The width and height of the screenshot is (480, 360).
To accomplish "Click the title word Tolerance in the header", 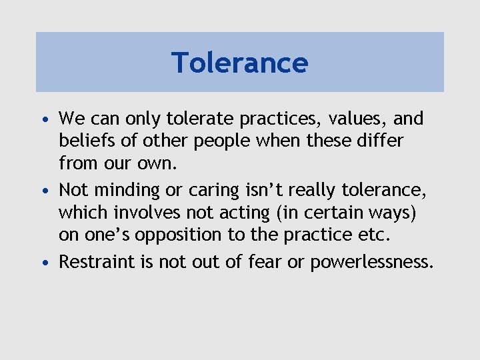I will (x=240, y=63).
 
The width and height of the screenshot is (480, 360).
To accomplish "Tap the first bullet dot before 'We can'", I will (x=44, y=121).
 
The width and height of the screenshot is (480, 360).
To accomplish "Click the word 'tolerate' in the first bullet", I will (x=199, y=119).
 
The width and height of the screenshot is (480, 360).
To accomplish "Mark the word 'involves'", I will (x=147, y=213).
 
